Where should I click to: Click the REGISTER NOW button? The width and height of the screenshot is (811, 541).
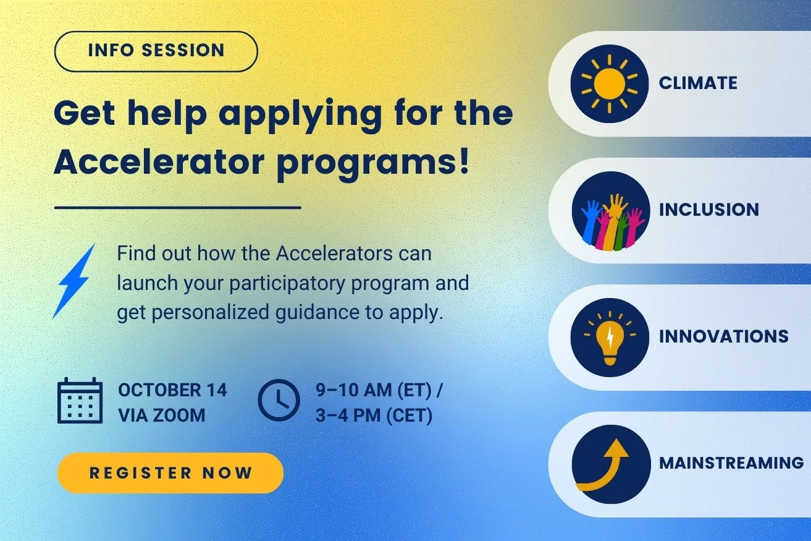(170, 473)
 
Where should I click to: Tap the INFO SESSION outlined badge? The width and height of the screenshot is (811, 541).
(156, 51)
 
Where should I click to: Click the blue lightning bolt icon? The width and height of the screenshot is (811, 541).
(75, 281)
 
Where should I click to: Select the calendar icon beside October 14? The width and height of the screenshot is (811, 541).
(79, 401)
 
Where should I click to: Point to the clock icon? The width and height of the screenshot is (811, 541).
(278, 401)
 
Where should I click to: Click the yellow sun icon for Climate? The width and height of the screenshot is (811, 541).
(609, 83)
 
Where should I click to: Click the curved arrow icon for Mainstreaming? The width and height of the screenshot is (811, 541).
(609, 464)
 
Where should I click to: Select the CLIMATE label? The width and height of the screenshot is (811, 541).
(698, 83)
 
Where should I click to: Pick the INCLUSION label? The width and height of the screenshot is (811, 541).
(708, 210)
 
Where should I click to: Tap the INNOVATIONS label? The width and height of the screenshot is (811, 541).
(723, 336)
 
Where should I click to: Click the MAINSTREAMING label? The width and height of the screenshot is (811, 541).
(731, 462)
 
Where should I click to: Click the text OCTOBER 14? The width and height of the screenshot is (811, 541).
(172, 390)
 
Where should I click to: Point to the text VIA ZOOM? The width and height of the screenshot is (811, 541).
(161, 415)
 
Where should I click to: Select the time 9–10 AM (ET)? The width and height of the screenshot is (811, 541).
(379, 390)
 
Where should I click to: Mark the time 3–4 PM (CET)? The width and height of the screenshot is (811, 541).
(374, 415)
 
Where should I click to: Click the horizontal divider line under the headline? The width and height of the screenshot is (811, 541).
(177, 208)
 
